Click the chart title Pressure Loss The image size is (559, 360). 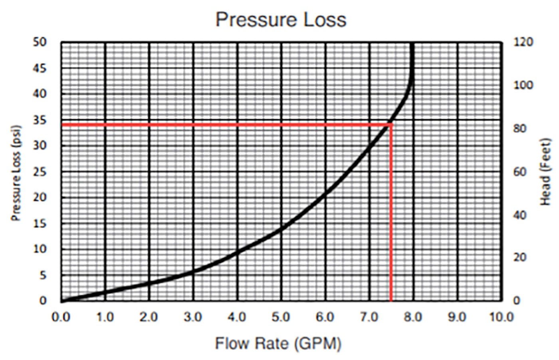[281, 20]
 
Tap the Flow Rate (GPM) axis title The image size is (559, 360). [278, 343]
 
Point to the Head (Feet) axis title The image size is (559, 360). [545, 172]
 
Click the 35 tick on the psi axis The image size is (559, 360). [40, 120]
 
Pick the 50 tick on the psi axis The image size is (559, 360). [40, 42]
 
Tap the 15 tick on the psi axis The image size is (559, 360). [40, 224]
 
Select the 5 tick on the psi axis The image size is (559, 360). [42, 275]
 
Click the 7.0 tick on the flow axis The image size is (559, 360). [369, 317]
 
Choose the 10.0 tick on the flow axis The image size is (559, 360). [502, 317]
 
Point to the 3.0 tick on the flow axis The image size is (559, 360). [193, 317]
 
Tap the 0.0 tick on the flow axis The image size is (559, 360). [61, 317]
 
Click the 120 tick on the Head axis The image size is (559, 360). [523, 42]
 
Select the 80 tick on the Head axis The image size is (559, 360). [520, 129]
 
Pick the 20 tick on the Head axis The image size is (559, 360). [520, 257]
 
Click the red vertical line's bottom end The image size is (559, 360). [391, 300]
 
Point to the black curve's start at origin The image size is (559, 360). [62, 300]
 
